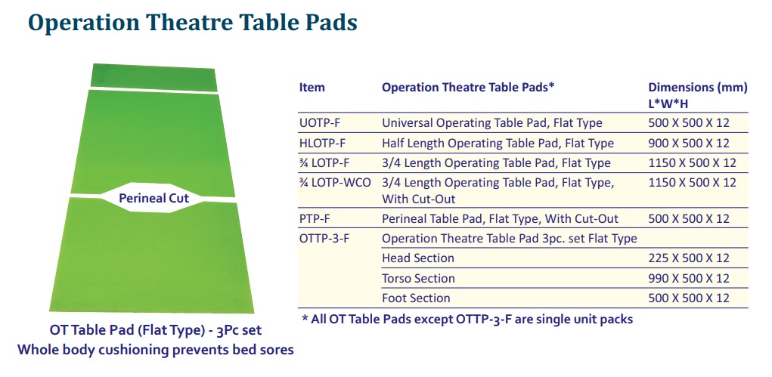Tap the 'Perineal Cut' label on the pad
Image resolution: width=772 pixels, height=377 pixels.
click(153, 199)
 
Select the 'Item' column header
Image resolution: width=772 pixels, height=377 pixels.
click(312, 88)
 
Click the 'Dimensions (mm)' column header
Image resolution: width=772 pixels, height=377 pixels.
click(698, 88)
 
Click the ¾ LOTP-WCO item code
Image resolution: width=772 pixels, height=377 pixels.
click(335, 183)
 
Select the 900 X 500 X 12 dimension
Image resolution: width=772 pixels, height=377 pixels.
click(689, 144)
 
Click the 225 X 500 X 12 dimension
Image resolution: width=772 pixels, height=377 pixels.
click(689, 258)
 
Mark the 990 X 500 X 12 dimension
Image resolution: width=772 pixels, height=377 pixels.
click(689, 279)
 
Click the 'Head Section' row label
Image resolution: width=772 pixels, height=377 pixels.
click(418, 258)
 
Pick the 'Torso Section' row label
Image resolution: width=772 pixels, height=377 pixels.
click(418, 279)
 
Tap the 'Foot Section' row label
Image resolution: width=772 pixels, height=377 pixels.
click(416, 298)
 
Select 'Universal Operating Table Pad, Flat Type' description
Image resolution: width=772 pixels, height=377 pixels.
click(492, 123)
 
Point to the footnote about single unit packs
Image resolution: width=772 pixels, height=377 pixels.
click(467, 320)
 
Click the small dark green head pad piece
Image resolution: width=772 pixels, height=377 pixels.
click(153, 77)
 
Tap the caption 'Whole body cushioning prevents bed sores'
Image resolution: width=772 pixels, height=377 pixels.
click(156, 350)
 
